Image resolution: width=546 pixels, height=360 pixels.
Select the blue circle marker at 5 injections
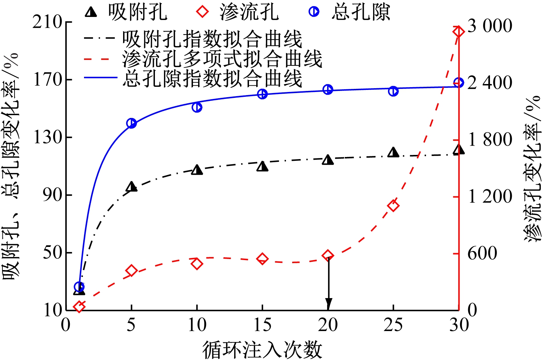coord(131,123)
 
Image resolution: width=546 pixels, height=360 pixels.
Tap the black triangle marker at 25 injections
coord(393,153)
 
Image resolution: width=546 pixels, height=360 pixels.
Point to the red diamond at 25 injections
coord(393,206)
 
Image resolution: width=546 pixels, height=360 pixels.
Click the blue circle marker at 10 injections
coord(197,107)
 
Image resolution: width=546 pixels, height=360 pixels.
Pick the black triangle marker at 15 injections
coord(262,167)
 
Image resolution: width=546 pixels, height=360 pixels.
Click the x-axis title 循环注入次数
coord(262,350)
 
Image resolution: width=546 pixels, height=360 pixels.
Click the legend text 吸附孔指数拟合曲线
coord(212,39)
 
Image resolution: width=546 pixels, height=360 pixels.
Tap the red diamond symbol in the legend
coord(202,11)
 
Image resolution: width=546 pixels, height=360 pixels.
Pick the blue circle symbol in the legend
coord(314,11)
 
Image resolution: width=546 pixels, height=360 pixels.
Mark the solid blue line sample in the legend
coord(100,77)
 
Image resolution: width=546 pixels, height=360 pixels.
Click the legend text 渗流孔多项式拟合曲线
coord(222,59)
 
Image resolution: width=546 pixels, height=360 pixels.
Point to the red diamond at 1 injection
coord(79,306)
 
